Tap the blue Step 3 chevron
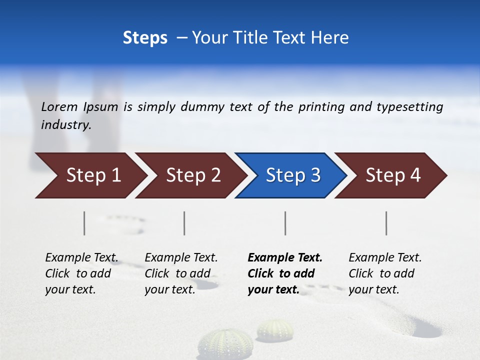(x=293, y=175)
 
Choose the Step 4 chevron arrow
(x=393, y=175)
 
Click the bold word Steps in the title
(x=145, y=38)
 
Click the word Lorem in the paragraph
(x=59, y=106)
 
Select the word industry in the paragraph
(x=65, y=124)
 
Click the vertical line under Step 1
(x=84, y=223)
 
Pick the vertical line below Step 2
(x=184, y=223)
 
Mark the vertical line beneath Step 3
(x=285, y=223)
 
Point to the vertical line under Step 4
(x=386, y=223)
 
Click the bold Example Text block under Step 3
(x=285, y=273)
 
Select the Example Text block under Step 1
(x=81, y=273)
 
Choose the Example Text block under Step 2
(x=181, y=273)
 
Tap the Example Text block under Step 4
(x=385, y=273)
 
